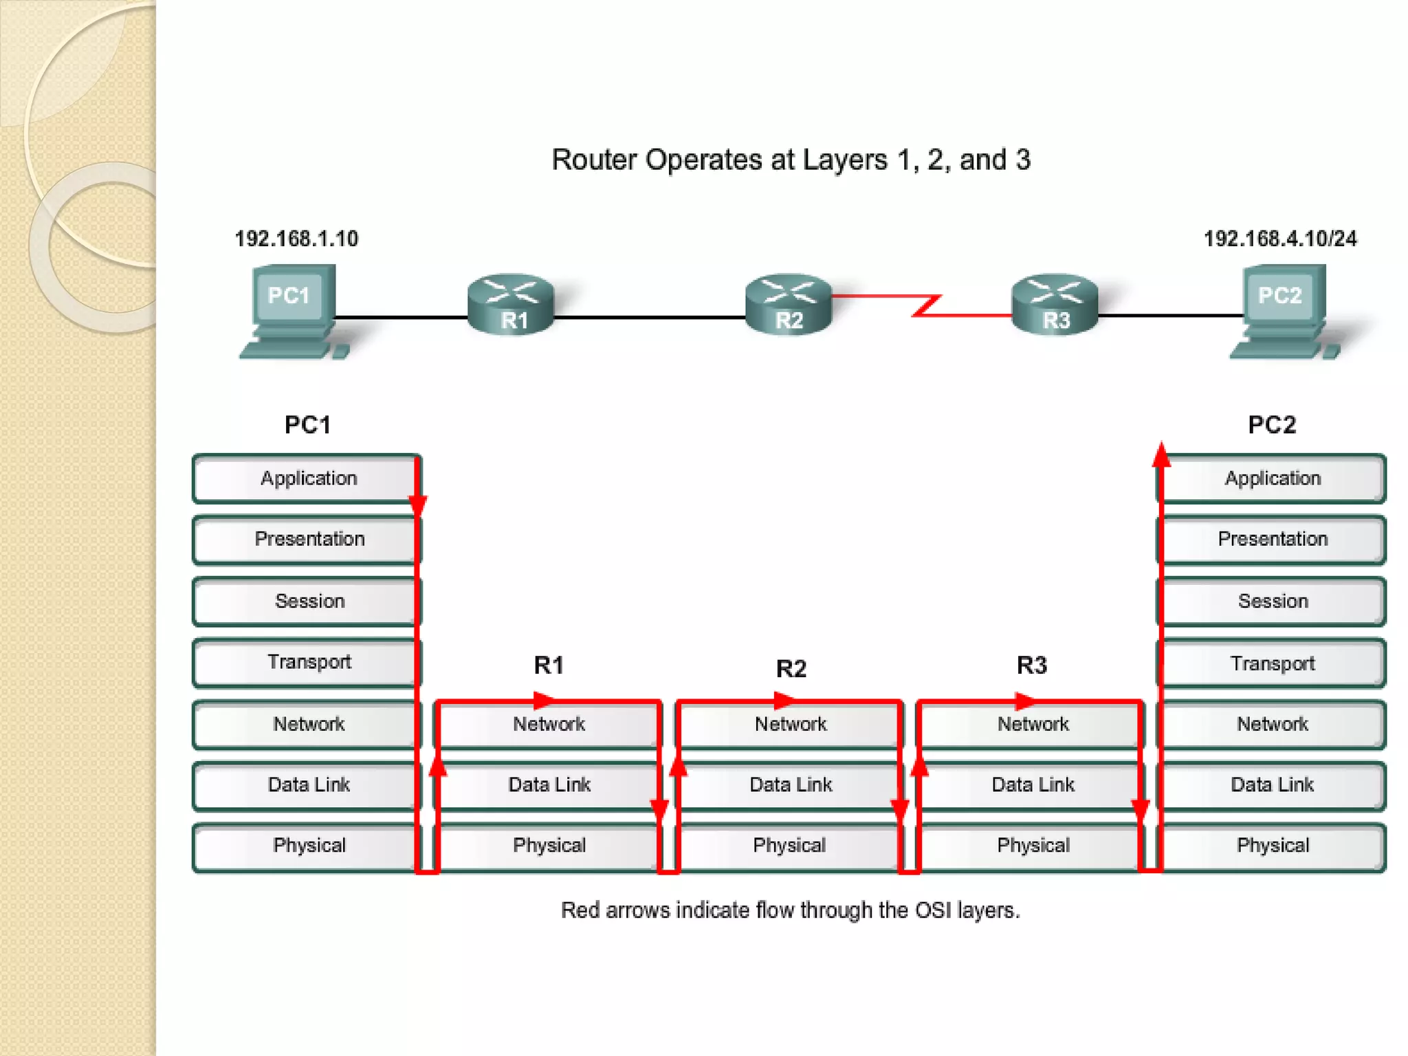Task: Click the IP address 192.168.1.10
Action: coord(296,239)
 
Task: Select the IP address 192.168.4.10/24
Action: coord(1280,239)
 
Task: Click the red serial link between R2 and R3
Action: coord(925,305)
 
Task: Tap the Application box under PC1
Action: coord(307,478)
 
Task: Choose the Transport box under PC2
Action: coord(1272,663)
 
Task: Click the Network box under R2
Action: coord(790,724)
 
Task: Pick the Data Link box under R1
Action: coord(549,784)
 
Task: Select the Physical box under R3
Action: coord(1033,845)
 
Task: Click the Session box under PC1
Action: coord(309,601)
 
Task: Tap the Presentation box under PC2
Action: coord(1272,539)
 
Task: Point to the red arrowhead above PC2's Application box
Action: coord(1161,454)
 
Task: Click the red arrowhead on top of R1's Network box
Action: coord(544,701)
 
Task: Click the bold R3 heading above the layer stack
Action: coord(1031,665)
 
